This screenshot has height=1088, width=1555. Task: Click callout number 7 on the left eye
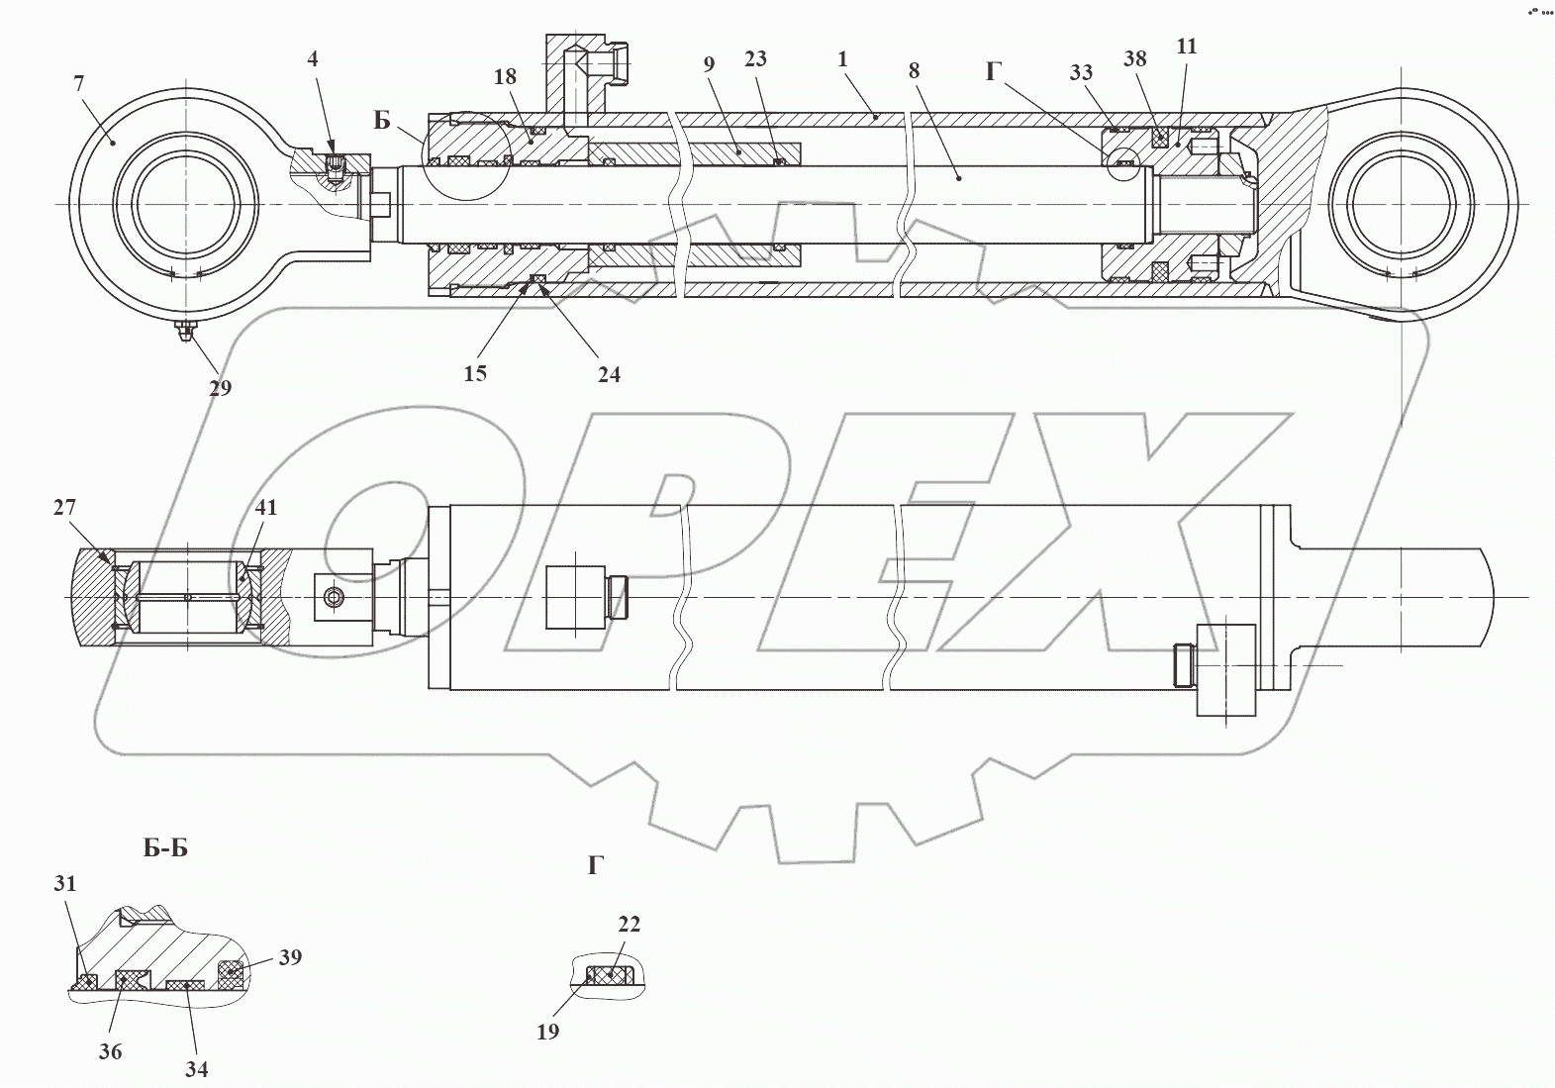[78, 83]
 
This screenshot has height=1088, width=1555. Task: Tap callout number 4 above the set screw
[313, 59]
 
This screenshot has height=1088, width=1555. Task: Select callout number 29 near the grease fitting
[220, 387]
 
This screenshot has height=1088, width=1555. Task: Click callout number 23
[755, 59]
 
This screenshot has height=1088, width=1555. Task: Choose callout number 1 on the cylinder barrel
[842, 59]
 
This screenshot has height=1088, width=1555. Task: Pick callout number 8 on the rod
[914, 70]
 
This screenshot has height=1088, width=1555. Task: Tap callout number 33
[1081, 72]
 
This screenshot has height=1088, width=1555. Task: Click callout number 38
[1134, 59]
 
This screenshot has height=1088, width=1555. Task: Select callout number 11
[1187, 47]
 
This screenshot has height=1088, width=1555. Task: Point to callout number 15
[475, 373]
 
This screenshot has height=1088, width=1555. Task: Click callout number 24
[609, 374]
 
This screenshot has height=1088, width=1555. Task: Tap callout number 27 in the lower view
[64, 508]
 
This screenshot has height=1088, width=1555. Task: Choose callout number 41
[265, 508]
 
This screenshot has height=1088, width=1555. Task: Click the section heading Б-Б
[165, 848]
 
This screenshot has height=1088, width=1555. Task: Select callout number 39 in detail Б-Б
[289, 957]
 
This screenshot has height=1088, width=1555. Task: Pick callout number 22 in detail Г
[629, 925]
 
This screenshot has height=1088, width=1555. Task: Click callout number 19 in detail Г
[547, 1032]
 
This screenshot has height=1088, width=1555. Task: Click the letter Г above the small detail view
[595, 866]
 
